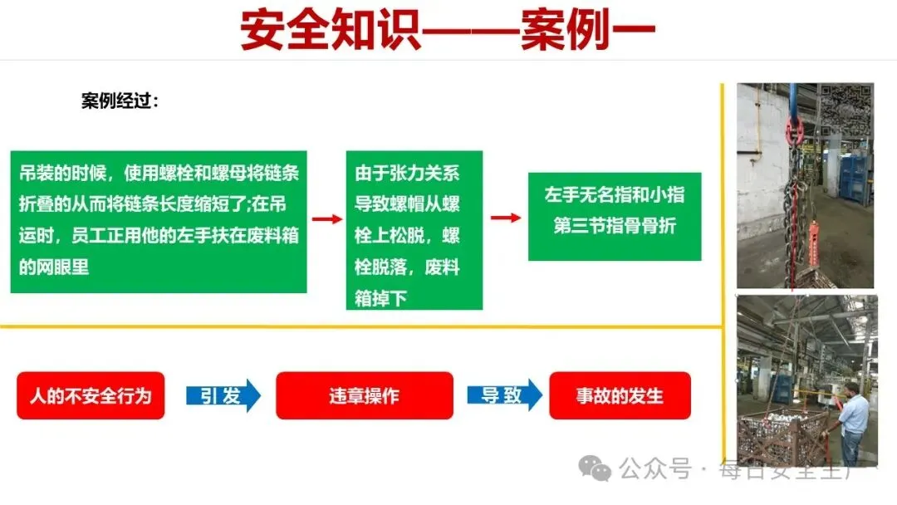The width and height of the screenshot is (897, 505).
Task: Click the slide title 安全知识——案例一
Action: coord(448,31)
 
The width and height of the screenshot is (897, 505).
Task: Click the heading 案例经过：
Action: coord(120,101)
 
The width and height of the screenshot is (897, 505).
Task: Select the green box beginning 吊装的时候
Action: coord(159,221)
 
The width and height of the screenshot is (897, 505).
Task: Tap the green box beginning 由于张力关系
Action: coord(414,230)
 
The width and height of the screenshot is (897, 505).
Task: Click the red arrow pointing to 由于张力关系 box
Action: coord(326,219)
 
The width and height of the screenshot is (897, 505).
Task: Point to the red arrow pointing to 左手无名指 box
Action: coord(505,218)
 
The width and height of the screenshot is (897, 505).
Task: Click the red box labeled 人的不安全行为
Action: coord(91,395)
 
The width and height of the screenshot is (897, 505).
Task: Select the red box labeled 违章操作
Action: coord(364,395)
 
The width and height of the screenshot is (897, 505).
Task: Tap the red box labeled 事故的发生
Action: coord(620,395)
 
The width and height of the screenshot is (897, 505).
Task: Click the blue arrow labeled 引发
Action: coord(223,395)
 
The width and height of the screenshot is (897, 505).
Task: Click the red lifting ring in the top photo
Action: coord(793,130)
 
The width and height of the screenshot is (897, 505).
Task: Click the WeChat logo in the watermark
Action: coord(596,469)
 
